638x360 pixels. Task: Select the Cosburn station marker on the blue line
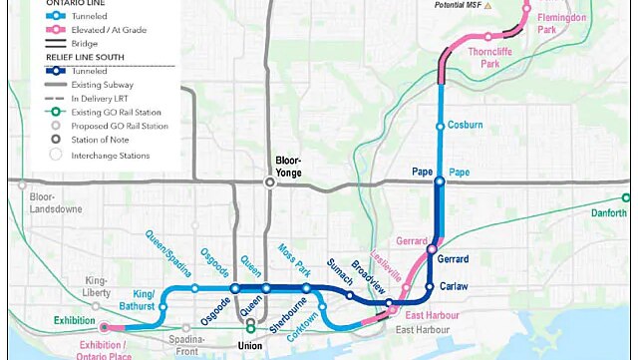[x=440, y=126]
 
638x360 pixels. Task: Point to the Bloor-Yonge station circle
[x=269, y=181]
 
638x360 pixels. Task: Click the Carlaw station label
[x=454, y=287]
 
